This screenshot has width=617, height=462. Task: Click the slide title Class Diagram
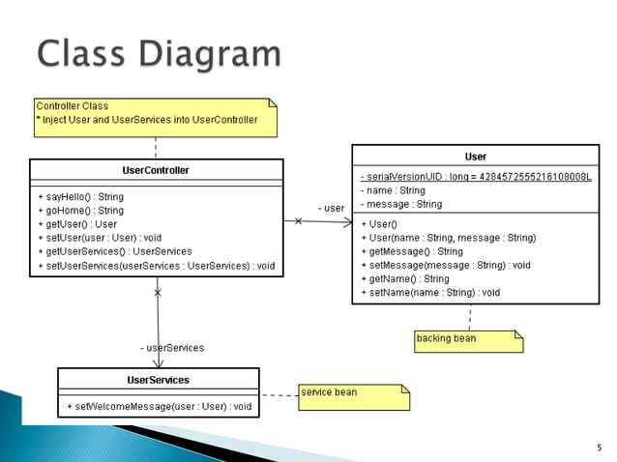(x=159, y=53)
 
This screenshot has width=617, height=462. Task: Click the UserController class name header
(x=156, y=170)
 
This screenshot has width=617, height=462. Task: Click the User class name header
(x=476, y=157)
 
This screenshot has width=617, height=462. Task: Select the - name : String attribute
(x=393, y=190)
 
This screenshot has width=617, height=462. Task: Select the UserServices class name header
(x=159, y=380)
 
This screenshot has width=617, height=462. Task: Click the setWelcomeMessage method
(x=159, y=406)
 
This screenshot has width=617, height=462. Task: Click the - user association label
(x=331, y=208)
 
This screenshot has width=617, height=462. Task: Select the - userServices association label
(x=172, y=348)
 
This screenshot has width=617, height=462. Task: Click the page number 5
(x=600, y=448)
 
